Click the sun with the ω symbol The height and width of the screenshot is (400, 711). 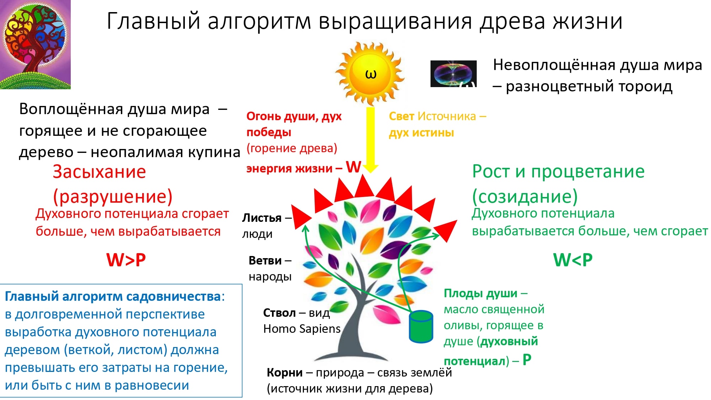click(370, 74)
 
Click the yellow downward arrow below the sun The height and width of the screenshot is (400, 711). click(370, 140)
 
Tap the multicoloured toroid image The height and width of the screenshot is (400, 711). click(453, 74)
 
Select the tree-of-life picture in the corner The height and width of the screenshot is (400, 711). click(35, 44)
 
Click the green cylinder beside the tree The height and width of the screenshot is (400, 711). click(421, 326)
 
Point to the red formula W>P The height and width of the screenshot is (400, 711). click(126, 260)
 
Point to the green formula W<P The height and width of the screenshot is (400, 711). click(573, 260)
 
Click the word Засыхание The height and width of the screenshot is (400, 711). click(100, 172)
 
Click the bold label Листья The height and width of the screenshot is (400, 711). click(262, 218)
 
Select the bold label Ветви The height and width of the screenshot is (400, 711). click(265, 260)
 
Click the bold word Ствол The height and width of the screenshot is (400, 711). click(279, 313)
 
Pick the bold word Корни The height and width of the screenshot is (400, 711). click(285, 372)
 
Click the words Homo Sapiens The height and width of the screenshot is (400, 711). click(302, 329)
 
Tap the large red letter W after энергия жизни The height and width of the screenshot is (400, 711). click(354, 167)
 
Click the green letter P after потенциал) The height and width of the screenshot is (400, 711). click(527, 360)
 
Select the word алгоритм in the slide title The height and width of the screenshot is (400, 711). click(260, 22)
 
